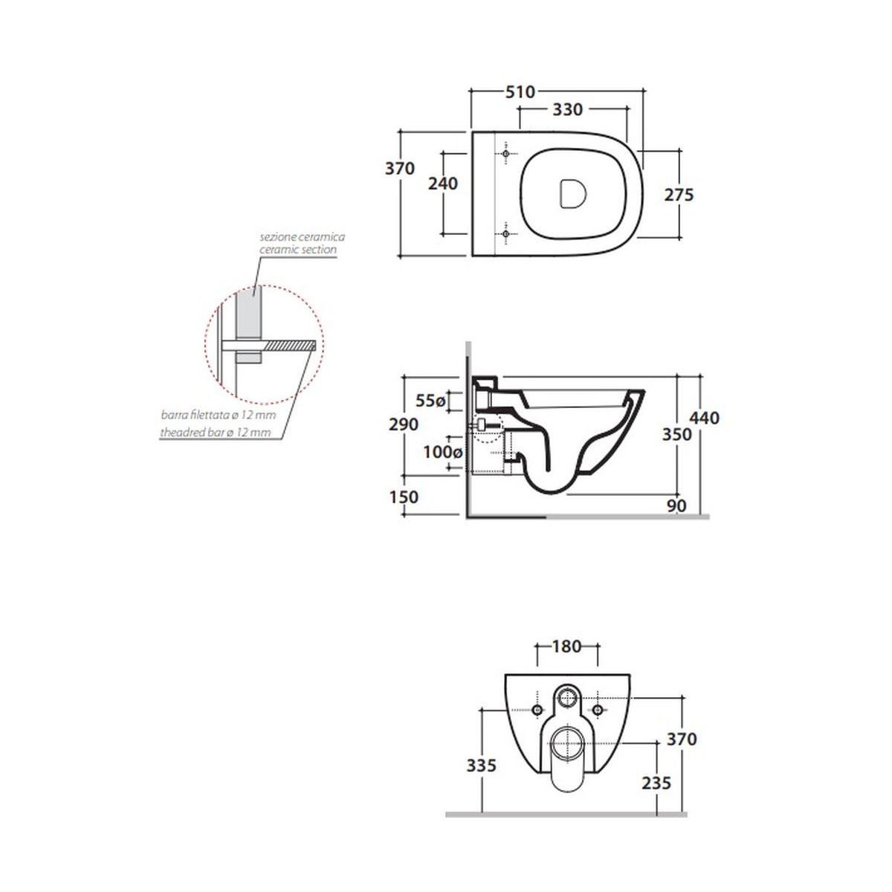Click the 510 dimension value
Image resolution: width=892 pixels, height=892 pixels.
coord(520,92)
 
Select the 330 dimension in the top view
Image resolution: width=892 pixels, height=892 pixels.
coord(567,110)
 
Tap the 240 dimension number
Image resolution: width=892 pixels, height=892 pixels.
coord(443,184)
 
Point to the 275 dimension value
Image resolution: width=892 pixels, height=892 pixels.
coord(679,195)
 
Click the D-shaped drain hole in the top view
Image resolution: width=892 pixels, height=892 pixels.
coord(573,193)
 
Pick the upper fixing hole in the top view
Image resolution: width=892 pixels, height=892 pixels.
coord(505,154)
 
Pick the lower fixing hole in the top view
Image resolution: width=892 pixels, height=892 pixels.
coord(505,233)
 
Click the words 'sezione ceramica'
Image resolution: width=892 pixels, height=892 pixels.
coord(303,237)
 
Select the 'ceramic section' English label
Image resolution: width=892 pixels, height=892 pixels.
coord(297,250)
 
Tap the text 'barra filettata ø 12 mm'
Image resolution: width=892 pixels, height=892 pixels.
coord(219,415)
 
